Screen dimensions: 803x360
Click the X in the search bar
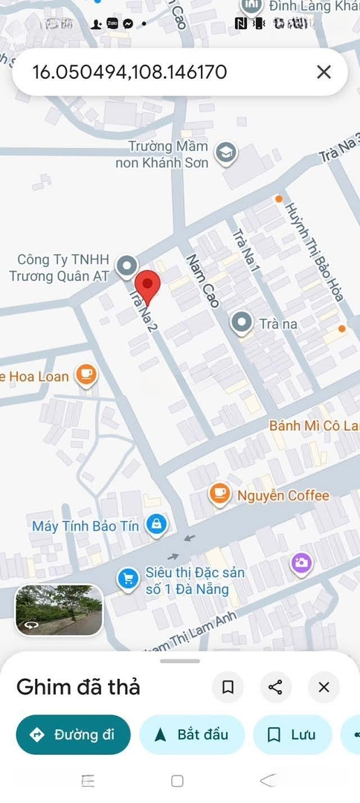(x=324, y=72)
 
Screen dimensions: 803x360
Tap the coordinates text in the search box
(x=130, y=72)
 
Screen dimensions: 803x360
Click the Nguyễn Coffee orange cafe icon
(x=219, y=494)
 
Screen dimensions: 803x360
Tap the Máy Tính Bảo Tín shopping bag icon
(x=156, y=525)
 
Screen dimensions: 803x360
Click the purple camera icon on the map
(x=300, y=563)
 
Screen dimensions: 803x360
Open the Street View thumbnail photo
(x=59, y=610)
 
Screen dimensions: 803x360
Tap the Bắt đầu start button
(x=193, y=735)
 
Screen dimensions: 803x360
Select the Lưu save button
(x=292, y=735)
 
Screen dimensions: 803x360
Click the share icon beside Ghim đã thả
(x=275, y=687)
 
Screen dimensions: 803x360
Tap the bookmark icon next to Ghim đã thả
(x=228, y=687)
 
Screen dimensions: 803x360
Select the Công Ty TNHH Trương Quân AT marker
(x=128, y=265)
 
